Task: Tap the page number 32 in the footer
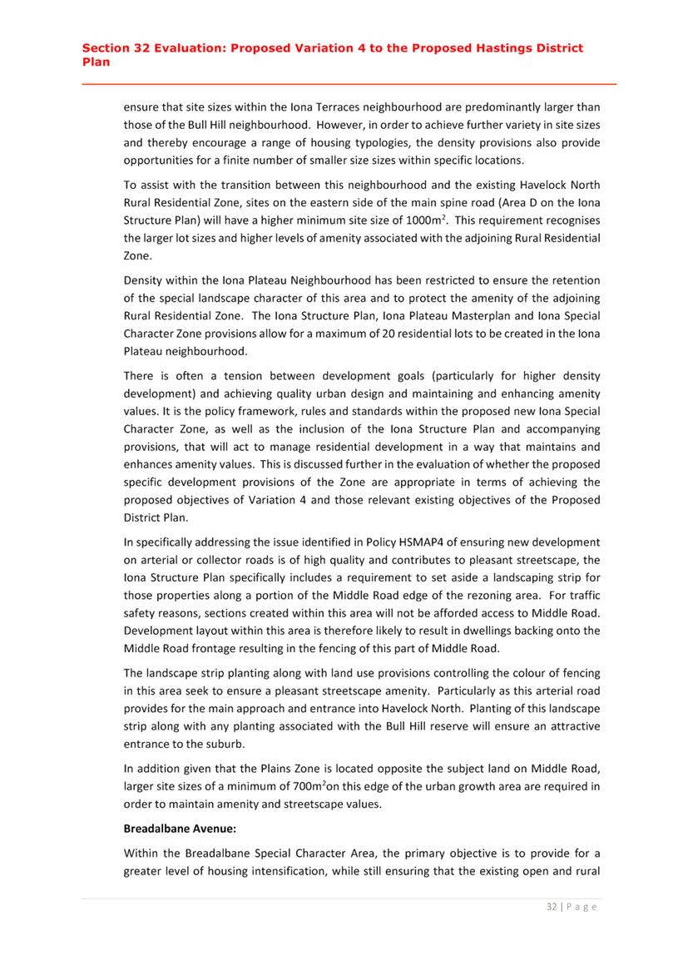552,906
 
